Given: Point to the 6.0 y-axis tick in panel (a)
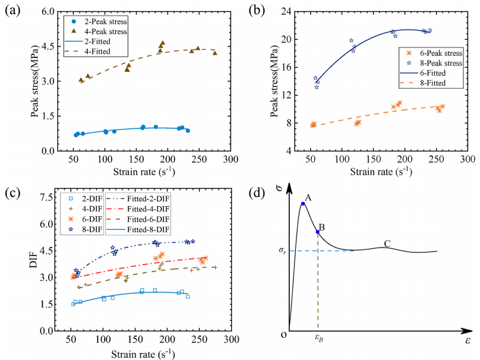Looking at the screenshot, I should (48, 12).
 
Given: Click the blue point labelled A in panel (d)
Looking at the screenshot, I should (303, 204).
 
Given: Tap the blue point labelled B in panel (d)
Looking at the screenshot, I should (318, 232).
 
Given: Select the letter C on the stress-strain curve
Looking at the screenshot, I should (387, 243).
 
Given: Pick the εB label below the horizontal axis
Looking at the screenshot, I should (318, 341).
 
